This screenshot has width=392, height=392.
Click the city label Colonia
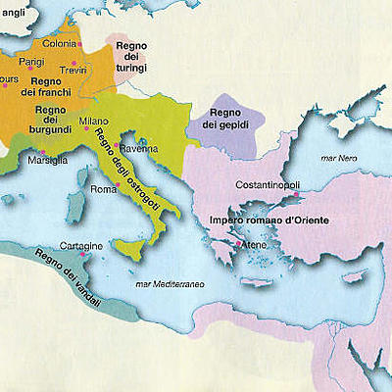point(58,44)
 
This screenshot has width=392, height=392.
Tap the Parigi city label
point(44,61)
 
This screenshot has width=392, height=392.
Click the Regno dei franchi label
point(46,86)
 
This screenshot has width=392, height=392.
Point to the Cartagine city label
point(80,245)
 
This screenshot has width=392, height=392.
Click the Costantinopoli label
point(273,184)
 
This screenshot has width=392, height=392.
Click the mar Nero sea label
point(342,158)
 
